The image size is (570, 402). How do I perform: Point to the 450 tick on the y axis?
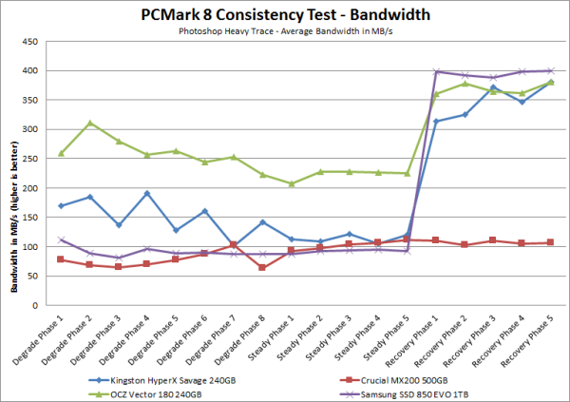37,42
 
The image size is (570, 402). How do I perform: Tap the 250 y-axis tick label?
37,159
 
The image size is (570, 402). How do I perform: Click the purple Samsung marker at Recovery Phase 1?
435,71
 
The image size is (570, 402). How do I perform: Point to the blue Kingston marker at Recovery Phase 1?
435,122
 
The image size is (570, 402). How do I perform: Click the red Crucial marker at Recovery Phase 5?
551,242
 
